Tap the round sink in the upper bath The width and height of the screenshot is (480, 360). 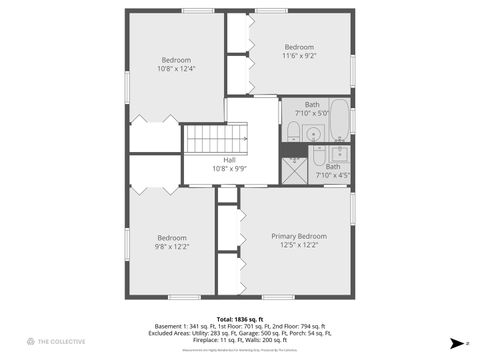(x=313, y=132)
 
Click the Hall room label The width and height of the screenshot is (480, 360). (x=229, y=160)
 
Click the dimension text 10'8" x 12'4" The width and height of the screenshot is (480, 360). (x=176, y=69)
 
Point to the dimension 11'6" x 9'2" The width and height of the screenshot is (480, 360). (x=299, y=58)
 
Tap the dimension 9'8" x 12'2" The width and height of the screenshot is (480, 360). (x=171, y=246)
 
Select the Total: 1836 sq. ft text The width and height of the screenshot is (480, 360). (x=237, y=319)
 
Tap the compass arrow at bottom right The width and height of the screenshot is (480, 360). (x=456, y=341)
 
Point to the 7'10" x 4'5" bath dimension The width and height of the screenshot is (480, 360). (x=333, y=176)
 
